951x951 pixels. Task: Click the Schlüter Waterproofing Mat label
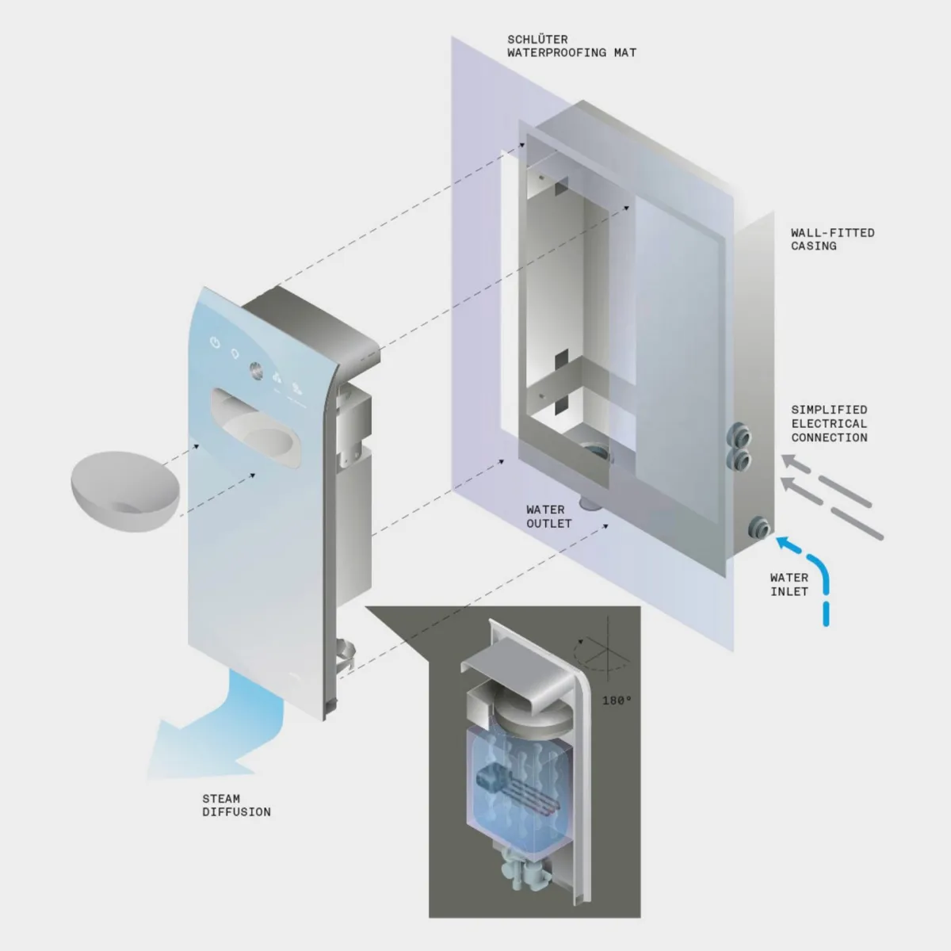571,46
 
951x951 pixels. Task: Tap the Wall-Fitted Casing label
832,239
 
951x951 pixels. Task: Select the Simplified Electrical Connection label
829,423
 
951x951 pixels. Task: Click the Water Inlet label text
789,584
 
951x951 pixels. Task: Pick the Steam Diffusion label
235,805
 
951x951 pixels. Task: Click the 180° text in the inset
617,701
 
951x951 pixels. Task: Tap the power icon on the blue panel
214,343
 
